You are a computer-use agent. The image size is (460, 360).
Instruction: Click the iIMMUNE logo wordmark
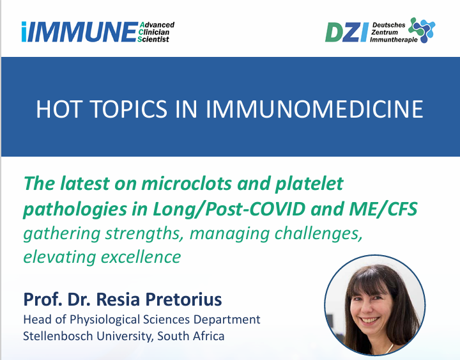click(x=79, y=32)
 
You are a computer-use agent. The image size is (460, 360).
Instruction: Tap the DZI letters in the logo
click(x=347, y=33)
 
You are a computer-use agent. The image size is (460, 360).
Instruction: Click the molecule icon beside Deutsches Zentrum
click(x=422, y=30)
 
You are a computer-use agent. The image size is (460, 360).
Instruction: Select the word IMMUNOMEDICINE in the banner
click(x=314, y=109)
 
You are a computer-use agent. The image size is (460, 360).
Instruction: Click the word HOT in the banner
click(x=58, y=109)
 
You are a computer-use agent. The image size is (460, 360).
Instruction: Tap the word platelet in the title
click(x=309, y=184)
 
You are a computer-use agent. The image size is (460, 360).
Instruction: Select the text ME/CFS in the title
click(x=383, y=209)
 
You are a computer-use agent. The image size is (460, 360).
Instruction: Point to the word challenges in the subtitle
click(x=318, y=234)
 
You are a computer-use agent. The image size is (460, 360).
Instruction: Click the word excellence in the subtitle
click(x=141, y=257)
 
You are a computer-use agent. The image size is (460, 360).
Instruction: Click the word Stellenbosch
click(x=58, y=336)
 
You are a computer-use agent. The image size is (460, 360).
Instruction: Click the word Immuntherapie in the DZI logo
click(x=394, y=40)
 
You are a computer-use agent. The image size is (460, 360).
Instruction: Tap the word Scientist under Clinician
click(x=153, y=39)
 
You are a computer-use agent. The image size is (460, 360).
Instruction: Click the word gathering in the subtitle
click(x=62, y=234)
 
